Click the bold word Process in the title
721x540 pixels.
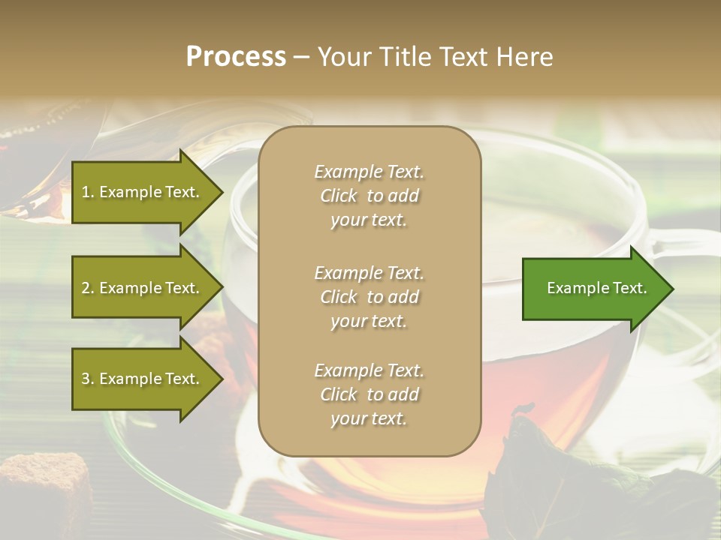click(x=236, y=57)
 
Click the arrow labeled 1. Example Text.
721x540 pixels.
click(x=143, y=192)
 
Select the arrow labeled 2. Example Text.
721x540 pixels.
click(x=143, y=288)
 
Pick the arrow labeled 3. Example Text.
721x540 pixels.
click(x=143, y=379)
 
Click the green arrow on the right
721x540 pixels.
click(x=593, y=289)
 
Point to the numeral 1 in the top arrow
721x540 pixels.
click(x=86, y=192)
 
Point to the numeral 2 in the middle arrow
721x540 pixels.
click(x=86, y=288)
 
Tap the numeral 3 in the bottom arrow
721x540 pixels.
click(x=86, y=379)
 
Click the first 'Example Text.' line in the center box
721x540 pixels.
click(x=369, y=172)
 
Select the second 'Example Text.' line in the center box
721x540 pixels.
click(x=369, y=273)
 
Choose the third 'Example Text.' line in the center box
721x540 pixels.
click(x=369, y=370)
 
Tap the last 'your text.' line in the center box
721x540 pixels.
click(x=369, y=418)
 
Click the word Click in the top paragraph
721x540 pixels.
click(x=338, y=196)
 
